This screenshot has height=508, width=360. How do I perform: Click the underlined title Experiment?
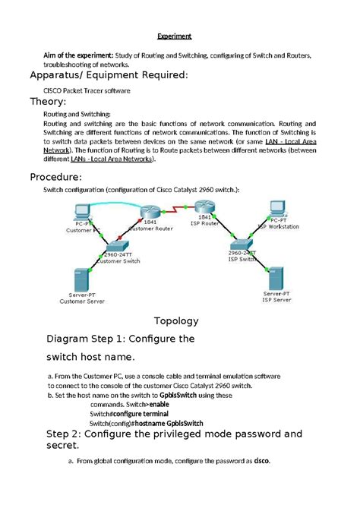pyautogui.click(x=174, y=36)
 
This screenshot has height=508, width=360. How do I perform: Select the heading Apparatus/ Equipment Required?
pyautogui.click(x=107, y=75)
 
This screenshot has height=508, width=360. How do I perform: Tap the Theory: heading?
pyautogui.click(x=48, y=102)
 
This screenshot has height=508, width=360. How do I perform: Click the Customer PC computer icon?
pyautogui.click(x=79, y=211)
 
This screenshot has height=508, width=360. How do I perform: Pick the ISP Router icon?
pyautogui.click(x=206, y=207)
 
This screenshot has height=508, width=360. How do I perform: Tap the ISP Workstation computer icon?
pyautogui.click(x=276, y=209)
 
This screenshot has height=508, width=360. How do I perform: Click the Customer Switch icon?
pyautogui.click(x=115, y=246)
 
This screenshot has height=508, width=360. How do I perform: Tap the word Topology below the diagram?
pyautogui.click(x=176, y=320)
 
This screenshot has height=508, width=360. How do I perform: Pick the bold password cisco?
pyautogui.click(x=261, y=461)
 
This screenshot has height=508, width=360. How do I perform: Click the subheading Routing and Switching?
pyautogui.click(x=77, y=113)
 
